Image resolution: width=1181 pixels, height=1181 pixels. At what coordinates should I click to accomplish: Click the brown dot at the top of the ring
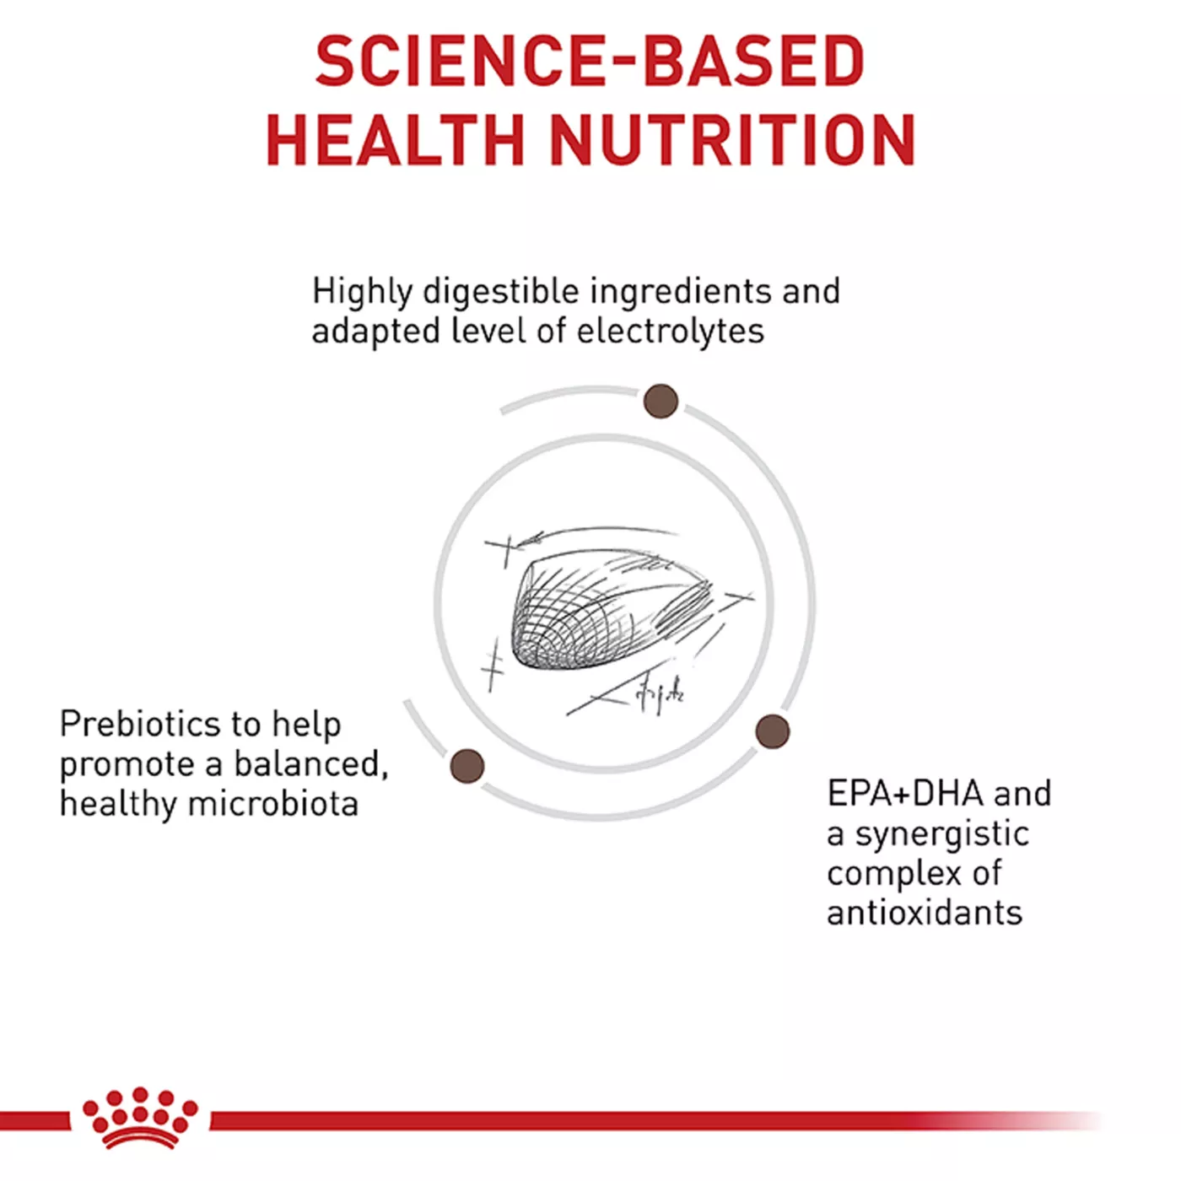tap(661, 402)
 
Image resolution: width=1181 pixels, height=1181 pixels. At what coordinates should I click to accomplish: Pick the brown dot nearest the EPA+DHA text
tap(773, 731)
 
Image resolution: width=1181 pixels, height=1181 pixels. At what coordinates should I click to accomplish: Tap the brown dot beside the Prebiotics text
tap(467, 766)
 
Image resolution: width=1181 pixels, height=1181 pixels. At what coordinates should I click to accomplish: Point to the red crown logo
tap(140, 1123)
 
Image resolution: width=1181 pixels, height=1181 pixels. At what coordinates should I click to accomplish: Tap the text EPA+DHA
tap(906, 793)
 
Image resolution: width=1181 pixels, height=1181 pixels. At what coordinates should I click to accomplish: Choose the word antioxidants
tap(925, 913)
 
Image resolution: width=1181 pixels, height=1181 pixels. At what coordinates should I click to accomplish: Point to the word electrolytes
tap(671, 332)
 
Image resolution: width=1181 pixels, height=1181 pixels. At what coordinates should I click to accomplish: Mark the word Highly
tap(363, 291)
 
